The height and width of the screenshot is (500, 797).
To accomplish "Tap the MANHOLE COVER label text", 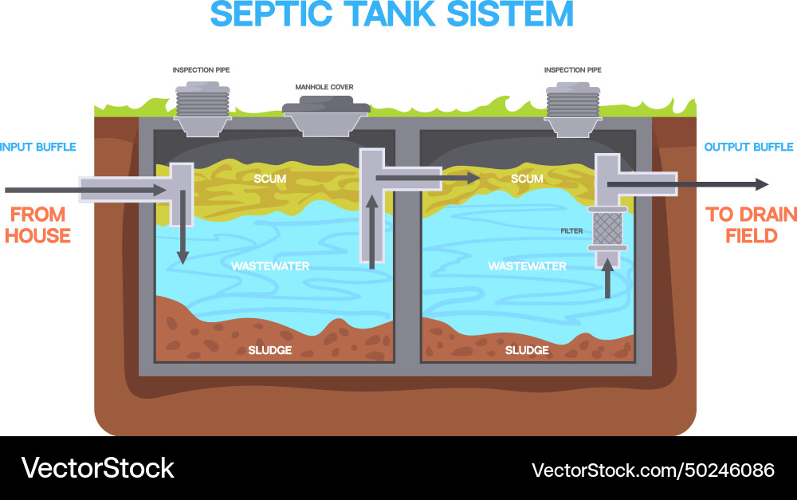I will click(324, 87).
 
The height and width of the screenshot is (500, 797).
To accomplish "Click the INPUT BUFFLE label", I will click(38, 147).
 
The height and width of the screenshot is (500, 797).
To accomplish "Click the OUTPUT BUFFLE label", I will click(748, 147).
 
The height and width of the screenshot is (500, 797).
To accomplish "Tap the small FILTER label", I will click(571, 231).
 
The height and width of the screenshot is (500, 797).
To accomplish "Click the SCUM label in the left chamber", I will click(269, 179).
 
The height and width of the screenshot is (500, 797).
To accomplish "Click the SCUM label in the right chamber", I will click(527, 179).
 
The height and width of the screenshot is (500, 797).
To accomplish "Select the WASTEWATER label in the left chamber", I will click(269, 266).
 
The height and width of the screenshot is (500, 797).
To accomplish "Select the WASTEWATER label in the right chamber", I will click(527, 266).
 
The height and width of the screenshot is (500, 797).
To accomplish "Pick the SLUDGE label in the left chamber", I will click(269, 350).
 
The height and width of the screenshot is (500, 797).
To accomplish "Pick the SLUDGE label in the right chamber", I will click(527, 350).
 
